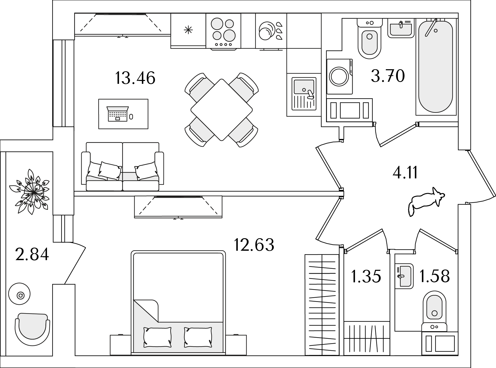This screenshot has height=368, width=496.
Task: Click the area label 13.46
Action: [135, 78]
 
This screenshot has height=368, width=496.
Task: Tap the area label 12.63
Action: [254, 245]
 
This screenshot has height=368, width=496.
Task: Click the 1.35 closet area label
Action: [366, 277]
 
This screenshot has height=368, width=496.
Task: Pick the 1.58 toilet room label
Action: [434, 276]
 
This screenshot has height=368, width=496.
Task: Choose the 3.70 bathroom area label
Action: [388, 76]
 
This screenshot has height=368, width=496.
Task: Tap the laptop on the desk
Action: [118, 114]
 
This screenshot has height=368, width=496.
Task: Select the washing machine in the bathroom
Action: [340, 76]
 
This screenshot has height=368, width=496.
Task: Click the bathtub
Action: [435, 67]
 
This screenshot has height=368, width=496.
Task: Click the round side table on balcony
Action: [19, 294]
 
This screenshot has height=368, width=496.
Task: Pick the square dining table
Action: [222, 110]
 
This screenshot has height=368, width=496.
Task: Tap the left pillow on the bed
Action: [157, 337]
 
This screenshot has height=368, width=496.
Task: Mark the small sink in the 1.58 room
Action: [404, 276]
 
